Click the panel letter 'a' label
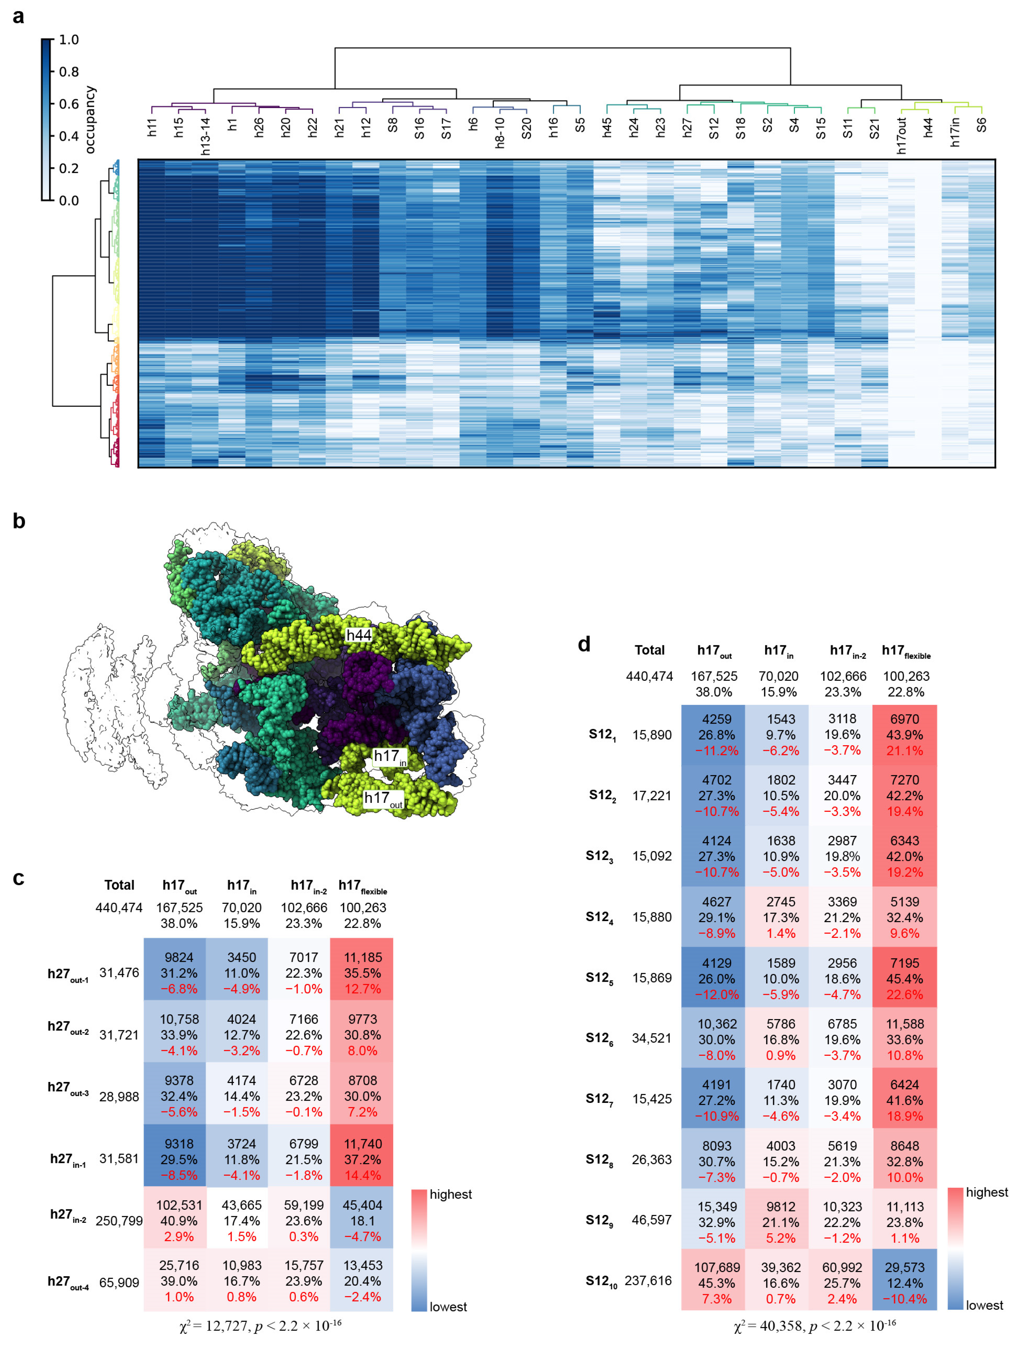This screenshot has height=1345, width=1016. tap(18, 16)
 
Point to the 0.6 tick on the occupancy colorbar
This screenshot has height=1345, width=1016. tap(68, 104)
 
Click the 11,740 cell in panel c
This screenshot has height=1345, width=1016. tap(362, 1144)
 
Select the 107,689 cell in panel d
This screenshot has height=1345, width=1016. tap(717, 1268)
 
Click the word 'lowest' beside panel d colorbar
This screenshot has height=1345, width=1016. tap(984, 1305)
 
